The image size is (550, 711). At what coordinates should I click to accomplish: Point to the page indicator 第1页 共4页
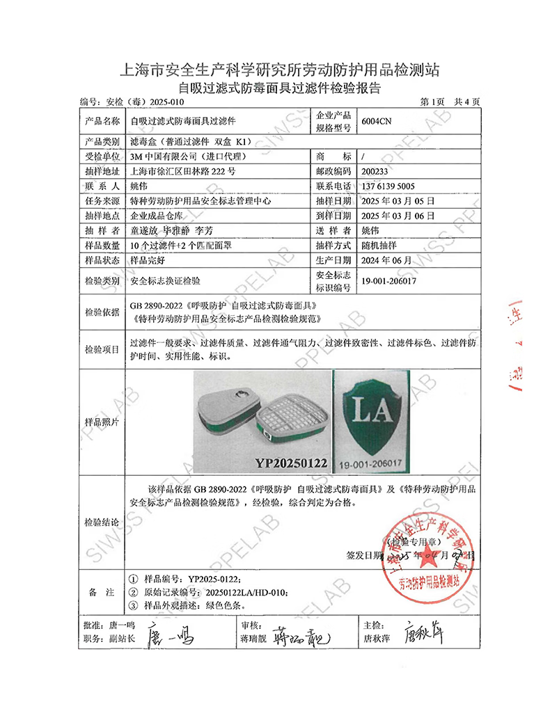(x=450, y=102)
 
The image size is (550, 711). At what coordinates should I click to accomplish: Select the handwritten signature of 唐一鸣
(x=170, y=637)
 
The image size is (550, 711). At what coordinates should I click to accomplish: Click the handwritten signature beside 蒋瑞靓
(x=299, y=637)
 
